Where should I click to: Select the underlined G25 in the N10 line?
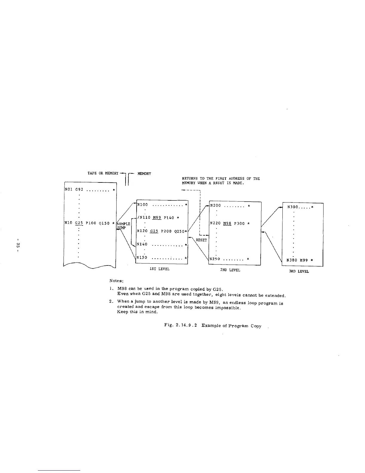pos(79,223)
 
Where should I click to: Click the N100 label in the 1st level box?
pos(143,205)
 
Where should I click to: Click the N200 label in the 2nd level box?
pos(215,205)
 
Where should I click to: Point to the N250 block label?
pos(215,259)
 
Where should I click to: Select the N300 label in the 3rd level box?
pos(293,206)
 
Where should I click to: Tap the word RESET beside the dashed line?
pos(201,240)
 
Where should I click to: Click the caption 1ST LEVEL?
pos(160,269)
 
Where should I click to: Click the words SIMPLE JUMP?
pos(123,225)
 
